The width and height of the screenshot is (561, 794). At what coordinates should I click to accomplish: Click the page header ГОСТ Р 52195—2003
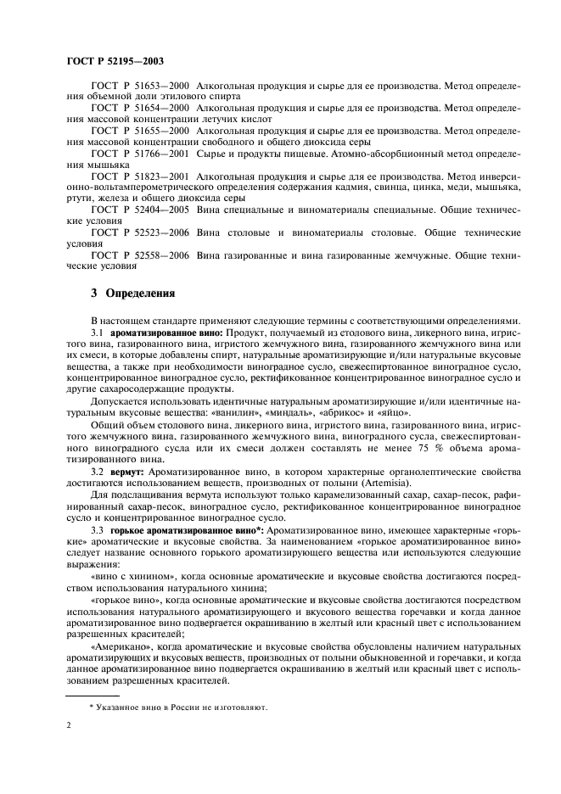point(115,62)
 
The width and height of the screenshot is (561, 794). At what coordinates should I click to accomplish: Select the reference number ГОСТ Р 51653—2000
point(140,86)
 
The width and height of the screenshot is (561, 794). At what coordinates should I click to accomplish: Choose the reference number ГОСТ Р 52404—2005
point(140,209)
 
